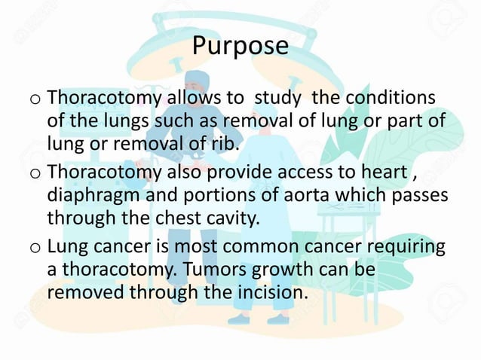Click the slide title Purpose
[240, 46]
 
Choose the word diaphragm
[97, 195]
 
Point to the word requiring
[401, 247]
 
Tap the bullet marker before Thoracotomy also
[35, 174]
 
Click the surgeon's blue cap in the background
[198, 78]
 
